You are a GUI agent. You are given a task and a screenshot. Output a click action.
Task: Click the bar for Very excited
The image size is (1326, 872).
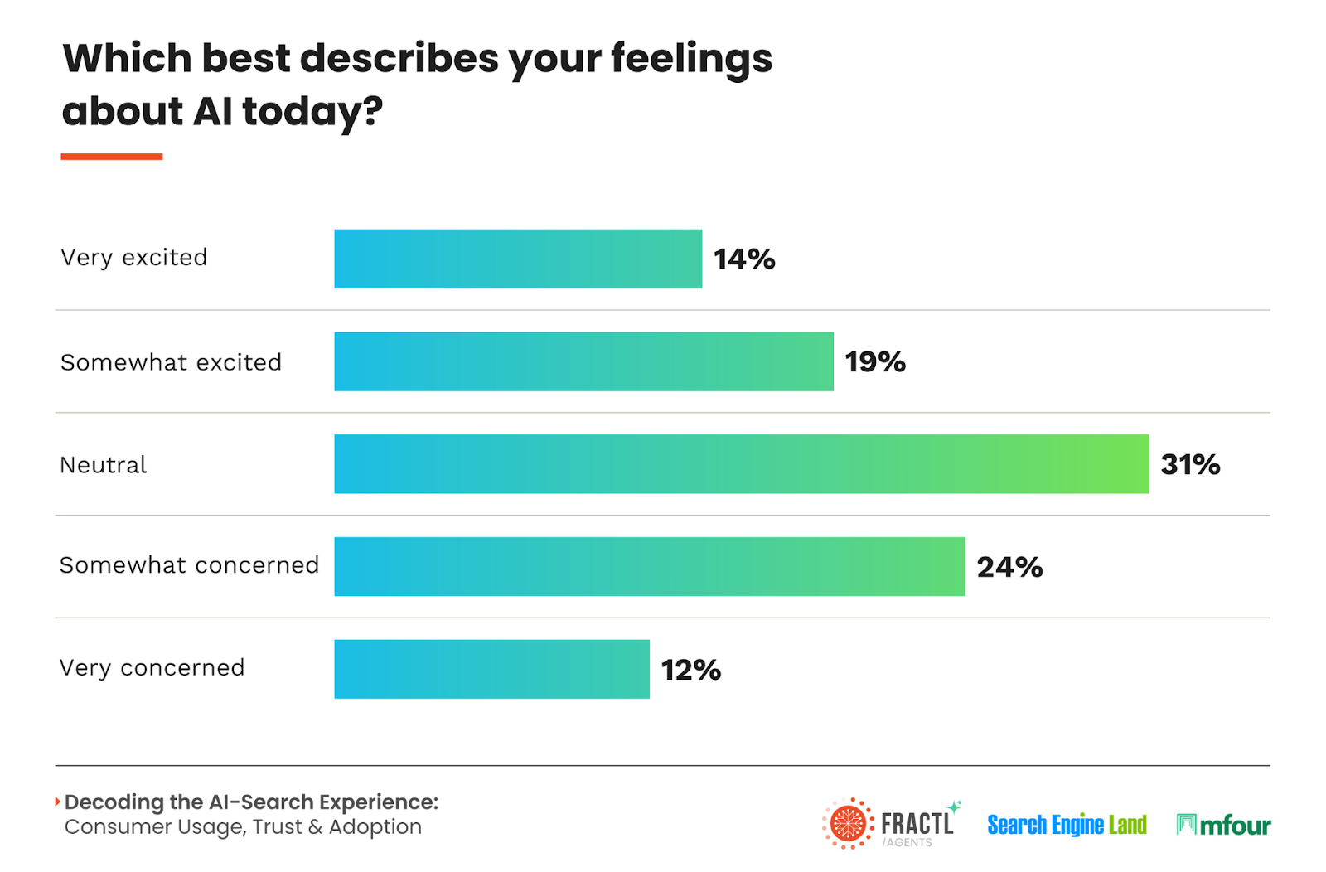point(518,259)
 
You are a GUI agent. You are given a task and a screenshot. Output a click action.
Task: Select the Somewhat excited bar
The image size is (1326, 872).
point(583,361)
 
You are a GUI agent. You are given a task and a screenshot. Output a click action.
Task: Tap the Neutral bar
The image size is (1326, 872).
point(741,464)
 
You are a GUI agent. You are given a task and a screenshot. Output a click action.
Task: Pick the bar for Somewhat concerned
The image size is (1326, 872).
point(649,566)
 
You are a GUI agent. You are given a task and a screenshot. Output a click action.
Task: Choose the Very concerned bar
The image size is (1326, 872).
point(491,669)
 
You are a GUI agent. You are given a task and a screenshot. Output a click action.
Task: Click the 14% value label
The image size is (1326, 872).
point(744,259)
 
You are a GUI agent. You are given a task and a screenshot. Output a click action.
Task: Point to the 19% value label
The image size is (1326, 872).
point(875,362)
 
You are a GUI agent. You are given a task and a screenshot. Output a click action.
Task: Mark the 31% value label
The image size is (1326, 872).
point(1190,465)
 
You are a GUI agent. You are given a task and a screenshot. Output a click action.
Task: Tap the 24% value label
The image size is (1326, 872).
point(1009,567)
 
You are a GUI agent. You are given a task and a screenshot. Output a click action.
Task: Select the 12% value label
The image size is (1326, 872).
point(690,670)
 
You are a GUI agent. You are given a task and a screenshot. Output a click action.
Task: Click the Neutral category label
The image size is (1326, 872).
point(104,465)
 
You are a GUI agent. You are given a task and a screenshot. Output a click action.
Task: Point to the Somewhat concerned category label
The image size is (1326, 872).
point(189,565)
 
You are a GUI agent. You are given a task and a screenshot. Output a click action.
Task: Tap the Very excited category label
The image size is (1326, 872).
point(133,258)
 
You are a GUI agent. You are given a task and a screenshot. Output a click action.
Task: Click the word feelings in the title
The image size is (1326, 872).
point(691,60)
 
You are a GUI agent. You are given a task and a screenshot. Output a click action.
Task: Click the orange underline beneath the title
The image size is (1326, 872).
point(112,156)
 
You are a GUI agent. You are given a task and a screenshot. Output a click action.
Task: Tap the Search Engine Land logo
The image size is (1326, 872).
point(1067,825)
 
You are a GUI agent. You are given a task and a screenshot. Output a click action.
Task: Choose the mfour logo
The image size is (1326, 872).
point(1223,825)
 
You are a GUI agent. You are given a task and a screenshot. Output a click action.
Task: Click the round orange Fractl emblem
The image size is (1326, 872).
point(848,824)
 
